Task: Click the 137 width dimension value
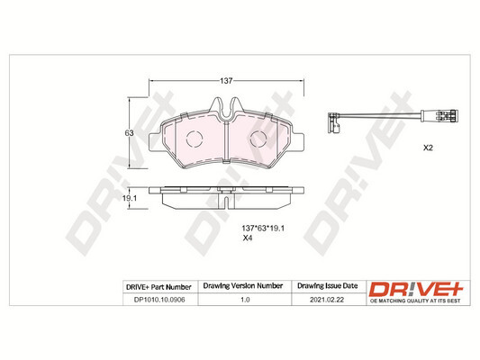[x=228, y=81]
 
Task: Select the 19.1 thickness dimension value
[x=129, y=197]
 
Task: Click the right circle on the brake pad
[x=258, y=139]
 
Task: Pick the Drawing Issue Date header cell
[x=328, y=286]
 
